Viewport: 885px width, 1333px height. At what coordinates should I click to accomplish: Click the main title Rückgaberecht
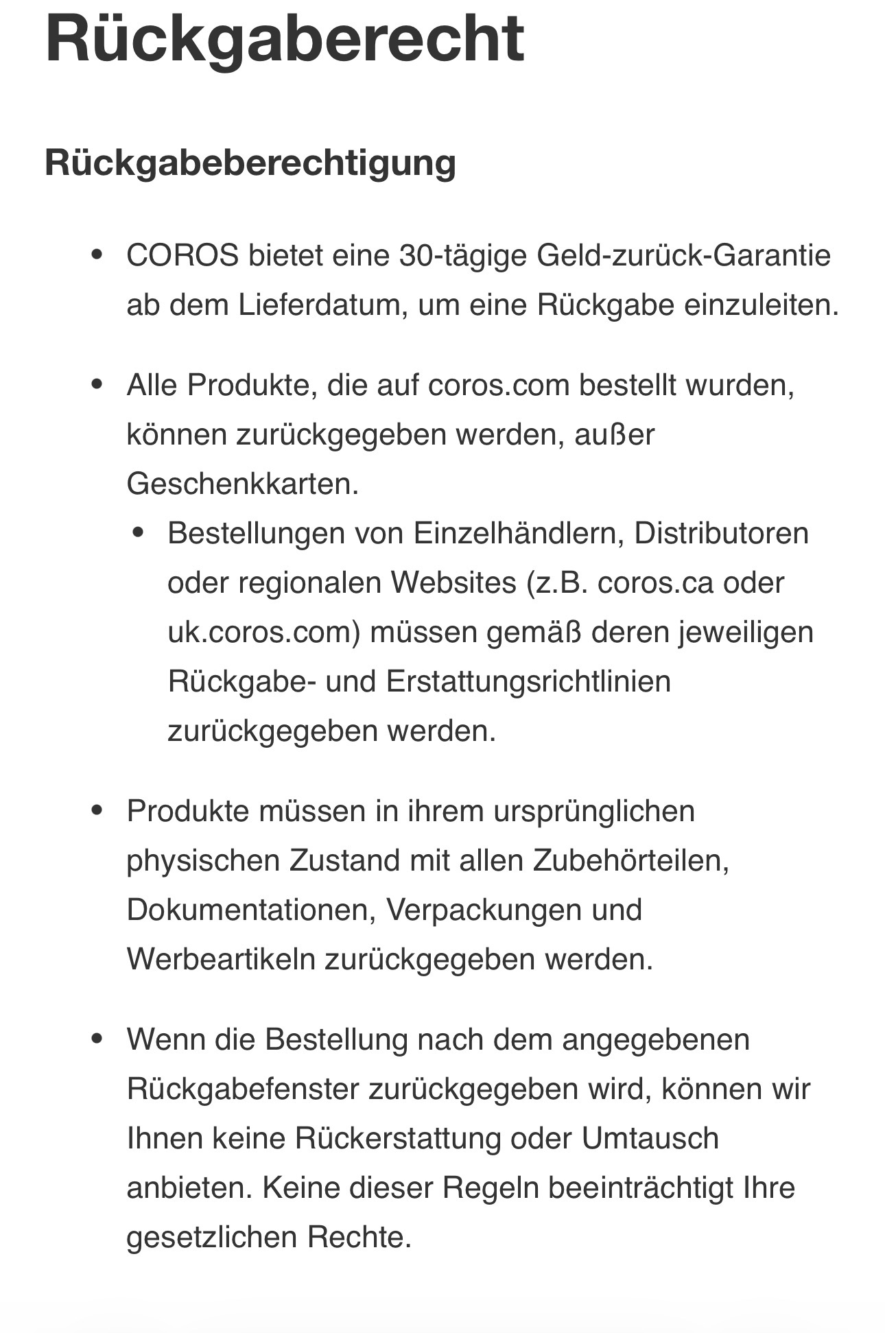click(x=285, y=39)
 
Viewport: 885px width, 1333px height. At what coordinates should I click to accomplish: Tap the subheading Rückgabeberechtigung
click(x=250, y=163)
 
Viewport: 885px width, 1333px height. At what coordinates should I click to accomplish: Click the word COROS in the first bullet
click(x=182, y=256)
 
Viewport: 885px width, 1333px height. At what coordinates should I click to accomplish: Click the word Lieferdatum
click(x=319, y=305)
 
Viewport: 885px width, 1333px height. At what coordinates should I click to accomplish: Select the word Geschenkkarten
click(x=243, y=484)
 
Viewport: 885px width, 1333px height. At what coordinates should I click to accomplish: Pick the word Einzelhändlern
click(x=519, y=534)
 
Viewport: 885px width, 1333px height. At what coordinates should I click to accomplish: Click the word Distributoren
click(x=722, y=534)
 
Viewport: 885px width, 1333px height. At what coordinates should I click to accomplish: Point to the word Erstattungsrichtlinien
click(x=528, y=682)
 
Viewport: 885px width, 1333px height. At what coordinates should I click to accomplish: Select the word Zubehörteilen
click(x=630, y=861)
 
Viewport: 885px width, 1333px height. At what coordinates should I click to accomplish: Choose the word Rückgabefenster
click(x=243, y=1089)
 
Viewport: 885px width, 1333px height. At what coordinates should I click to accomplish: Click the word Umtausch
click(x=650, y=1139)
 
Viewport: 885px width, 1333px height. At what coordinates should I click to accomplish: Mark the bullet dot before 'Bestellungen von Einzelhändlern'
click(x=139, y=533)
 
